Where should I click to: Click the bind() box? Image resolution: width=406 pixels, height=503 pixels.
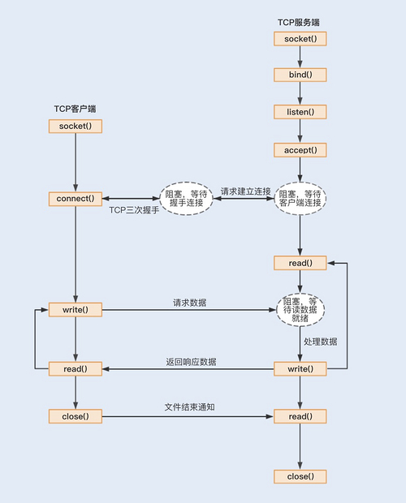click(300, 75)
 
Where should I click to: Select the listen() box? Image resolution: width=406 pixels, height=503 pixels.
click(300, 112)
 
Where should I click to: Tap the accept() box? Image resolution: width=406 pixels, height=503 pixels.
click(300, 150)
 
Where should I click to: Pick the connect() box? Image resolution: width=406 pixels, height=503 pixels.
click(76, 199)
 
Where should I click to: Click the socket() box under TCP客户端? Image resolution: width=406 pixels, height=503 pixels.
click(76, 126)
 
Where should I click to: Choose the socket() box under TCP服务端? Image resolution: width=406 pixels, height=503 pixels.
click(300, 39)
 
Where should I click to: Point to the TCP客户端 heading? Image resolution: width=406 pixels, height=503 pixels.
click(75, 109)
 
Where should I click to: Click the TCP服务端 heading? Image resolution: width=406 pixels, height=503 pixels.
click(299, 22)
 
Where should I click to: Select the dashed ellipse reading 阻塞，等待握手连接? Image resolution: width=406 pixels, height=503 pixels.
click(186, 199)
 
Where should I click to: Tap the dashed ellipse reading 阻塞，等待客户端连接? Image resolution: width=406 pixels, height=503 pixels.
click(300, 199)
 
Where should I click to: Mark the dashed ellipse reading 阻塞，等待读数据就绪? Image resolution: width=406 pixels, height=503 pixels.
click(300, 310)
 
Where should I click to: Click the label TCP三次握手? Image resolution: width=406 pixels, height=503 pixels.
click(134, 210)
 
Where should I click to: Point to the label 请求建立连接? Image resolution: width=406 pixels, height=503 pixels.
click(245, 191)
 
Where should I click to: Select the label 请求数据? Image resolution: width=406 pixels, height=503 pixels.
click(190, 303)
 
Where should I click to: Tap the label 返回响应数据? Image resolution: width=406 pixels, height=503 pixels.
click(191, 362)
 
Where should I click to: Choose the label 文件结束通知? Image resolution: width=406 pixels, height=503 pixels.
click(190, 407)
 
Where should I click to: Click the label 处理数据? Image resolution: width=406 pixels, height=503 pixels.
click(320, 342)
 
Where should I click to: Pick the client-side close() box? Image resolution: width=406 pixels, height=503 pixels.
click(76, 416)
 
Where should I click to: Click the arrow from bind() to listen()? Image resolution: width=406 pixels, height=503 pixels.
click(300, 93)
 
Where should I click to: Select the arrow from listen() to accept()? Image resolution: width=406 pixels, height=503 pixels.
click(300, 131)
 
